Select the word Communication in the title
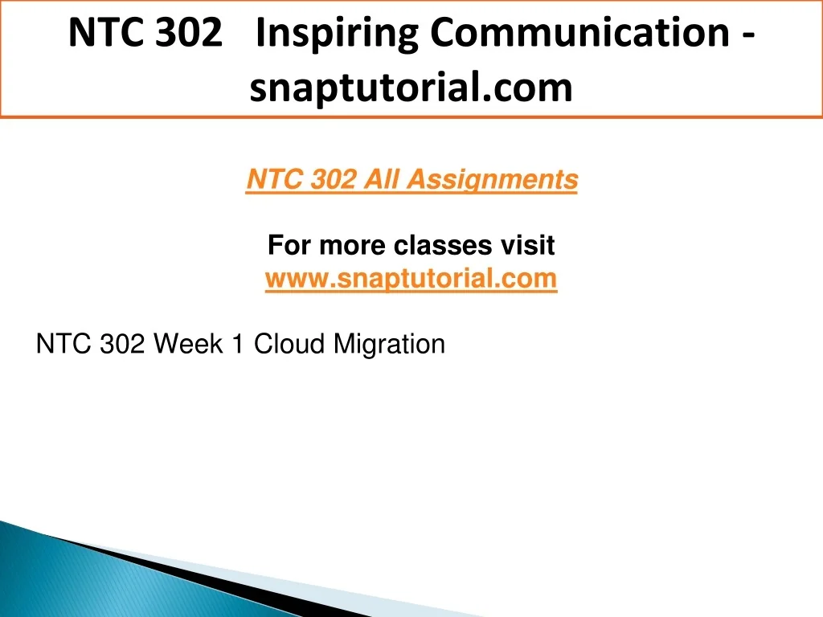[580, 32]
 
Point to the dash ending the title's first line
[749, 35]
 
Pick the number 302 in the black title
[189, 32]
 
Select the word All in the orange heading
[381, 179]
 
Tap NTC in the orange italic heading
[275, 179]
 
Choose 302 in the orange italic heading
[334, 179]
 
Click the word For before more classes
[289, 245]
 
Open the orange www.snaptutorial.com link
[411, 279]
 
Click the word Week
[188, 344]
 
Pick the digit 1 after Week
[238, 344]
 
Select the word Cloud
[289, 344]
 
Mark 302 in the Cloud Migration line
[122, 344]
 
